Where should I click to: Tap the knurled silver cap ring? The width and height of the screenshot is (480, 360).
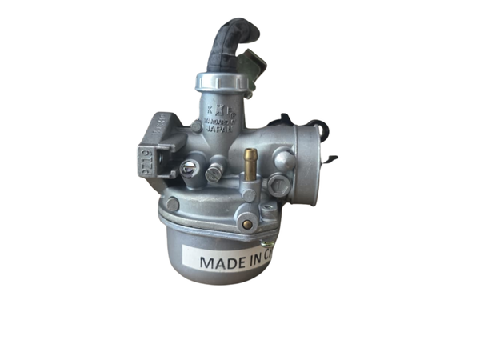pyautogui.click(x=220, y=82)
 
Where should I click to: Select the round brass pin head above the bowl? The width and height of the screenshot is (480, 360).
pyautogui.click(x=248, y=224)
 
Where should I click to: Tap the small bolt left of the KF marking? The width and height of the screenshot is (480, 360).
pyautogui.click(x=196, y=126)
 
